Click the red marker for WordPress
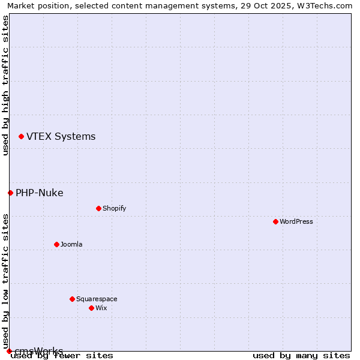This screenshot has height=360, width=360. pyautogui.click(x=275, y=221)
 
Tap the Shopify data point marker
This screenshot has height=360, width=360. pyautogui.click(x=98, y=208)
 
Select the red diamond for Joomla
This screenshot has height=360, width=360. pyautogui.click(x=56, y=244)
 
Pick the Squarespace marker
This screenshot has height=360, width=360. pyautogui.click(x=72, y=299)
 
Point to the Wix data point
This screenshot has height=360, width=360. pyautogui.click(x=91, y=308)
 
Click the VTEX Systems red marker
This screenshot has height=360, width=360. pyautogui.click(x=21, y=137)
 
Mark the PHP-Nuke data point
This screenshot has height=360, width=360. pyautogui.click(x=10, y=193)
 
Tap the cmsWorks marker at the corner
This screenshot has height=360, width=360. pyautogui.click(x=9, y=351)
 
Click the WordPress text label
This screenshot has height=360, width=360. pyautogui.click(x=296, y=221)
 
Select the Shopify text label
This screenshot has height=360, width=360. pyautogui.click(x=114, y=208)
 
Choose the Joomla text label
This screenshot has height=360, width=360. pyautogui.click(x=71, y=244)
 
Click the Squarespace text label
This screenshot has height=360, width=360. pyautogui.click(x=97, y=299)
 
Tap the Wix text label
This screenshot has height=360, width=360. pyautogui.click(x=101, y=308)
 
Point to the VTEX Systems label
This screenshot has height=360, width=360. pyautogui.click(x=61, y=137)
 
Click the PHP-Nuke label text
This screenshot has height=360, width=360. pyautogui.click(x=39, y=193)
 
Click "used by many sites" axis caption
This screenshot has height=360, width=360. pyautogui.click(x=301, y=356)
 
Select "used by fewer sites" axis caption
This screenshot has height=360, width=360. pyautogui.click(x=62, y=356)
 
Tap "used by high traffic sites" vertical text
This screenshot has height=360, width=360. pyautogui.click(x=5, y=85)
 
